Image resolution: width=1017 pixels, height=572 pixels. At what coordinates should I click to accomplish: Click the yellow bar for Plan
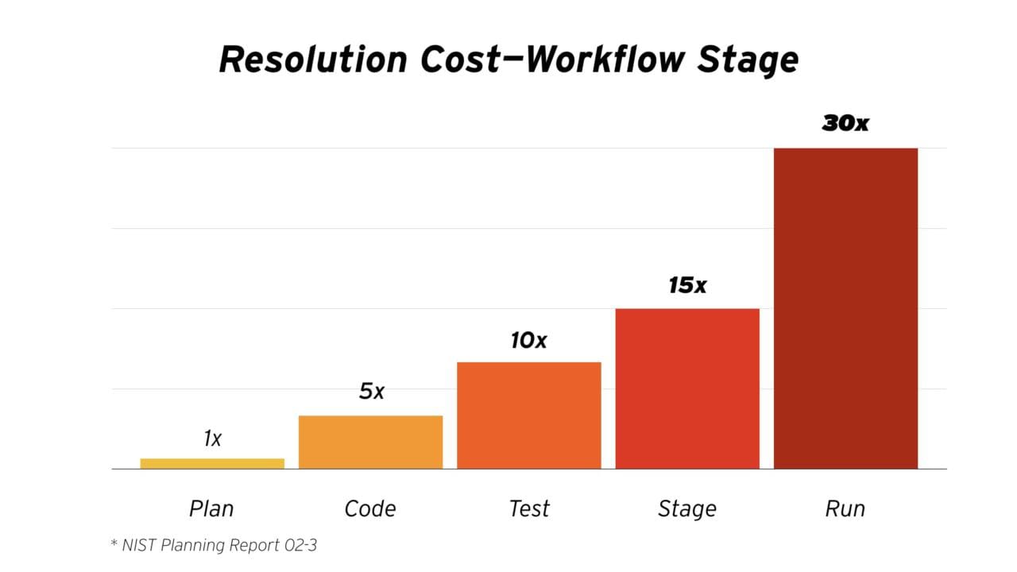(212, 463)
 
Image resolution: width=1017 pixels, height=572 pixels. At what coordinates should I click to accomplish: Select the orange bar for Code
(370, 442)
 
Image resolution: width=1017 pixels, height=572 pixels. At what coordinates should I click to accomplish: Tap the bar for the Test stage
(529, 415)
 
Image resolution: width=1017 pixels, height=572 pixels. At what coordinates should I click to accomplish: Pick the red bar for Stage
(687, 388)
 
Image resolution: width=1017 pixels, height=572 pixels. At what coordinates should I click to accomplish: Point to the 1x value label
(212, 438)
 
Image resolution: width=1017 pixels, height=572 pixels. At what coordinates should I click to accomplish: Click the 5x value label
(371, 391)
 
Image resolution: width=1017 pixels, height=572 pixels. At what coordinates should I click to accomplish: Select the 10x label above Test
(528, 340)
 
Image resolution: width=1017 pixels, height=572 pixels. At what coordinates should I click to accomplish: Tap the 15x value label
(687, 285)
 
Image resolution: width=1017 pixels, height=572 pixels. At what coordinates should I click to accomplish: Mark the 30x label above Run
(845, 123)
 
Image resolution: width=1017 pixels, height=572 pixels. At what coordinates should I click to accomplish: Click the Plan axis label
(211, 508)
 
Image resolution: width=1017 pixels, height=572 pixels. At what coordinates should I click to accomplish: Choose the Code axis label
(370, 508)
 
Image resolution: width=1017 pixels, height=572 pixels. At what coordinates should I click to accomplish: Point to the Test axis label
(529, 508)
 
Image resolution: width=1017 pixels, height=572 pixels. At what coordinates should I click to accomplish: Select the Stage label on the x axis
(687, 508)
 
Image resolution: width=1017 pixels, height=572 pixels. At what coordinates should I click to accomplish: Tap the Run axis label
(845, 508)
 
